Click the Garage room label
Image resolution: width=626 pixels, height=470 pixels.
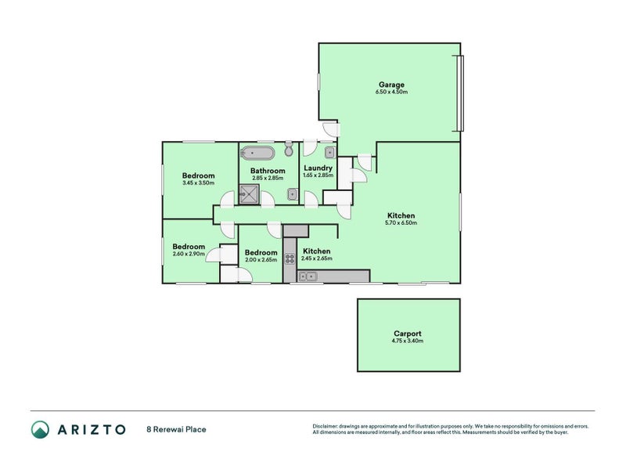391,85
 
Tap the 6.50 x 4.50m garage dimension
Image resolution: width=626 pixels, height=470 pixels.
391,92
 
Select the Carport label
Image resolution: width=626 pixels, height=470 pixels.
407,334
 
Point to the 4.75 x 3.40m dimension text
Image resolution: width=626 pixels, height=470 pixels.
408,341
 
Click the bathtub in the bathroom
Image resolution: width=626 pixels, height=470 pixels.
259,152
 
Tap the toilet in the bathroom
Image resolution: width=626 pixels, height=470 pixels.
289,149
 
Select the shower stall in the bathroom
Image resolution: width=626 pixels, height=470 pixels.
249,194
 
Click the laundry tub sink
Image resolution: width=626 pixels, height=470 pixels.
329,152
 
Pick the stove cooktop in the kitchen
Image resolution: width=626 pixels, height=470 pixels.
290,259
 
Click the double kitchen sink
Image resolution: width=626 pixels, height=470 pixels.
308,277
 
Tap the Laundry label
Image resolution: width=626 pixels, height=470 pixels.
318,168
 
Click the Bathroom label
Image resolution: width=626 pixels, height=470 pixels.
268,171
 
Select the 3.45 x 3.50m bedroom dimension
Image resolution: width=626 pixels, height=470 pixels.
199,183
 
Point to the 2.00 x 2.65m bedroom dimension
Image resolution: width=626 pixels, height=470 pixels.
261,260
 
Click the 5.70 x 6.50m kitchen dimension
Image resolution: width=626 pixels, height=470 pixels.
401,223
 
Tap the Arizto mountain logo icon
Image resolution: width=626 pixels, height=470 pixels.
41,429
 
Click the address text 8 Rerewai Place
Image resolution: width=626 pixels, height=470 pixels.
177,429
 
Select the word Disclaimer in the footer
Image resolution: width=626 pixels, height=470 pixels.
325,426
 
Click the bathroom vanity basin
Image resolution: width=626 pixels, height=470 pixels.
293,194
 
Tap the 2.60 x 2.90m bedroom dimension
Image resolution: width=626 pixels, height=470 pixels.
189,254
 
